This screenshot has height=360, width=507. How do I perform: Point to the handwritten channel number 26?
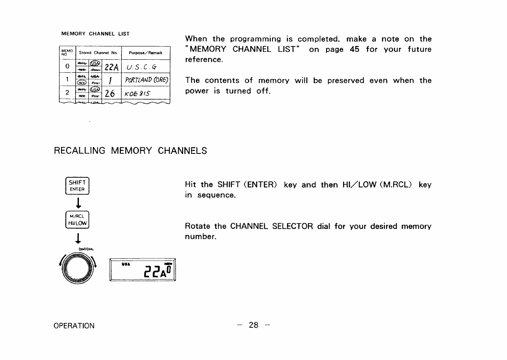[x=110, y=93]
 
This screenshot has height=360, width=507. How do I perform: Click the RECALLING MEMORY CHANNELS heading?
[x=130, y=151]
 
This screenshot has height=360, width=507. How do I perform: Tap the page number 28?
[x=253, y=325]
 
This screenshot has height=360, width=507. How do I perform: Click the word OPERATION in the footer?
[x=74, y=326]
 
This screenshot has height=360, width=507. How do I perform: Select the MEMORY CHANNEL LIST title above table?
[x=95, y=34]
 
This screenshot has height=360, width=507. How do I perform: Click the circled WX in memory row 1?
[x=82, y=84]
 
